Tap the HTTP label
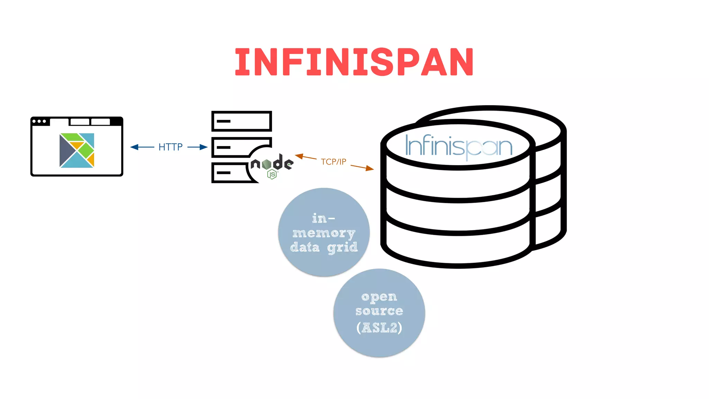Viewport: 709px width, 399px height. tap(170, 147)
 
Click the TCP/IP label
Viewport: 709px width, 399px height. tap(333, 162)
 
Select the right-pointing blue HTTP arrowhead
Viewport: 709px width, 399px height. tap(204, 147)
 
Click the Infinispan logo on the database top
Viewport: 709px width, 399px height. tap(458, 147)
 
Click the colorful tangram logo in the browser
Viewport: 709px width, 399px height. tap(77, 150)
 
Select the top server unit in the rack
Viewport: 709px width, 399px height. tap(242, 121)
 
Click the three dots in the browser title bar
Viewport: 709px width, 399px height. tap(39, 121)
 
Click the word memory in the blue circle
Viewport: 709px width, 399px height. tap(324, 233)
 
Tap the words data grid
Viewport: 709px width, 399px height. tap(324, 247)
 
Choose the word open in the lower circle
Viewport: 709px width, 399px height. tap(379, 297)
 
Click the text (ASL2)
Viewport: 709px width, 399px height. tap(379, 328)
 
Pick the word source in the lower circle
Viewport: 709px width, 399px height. tap(379, 311)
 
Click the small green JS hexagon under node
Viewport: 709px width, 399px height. tap(272, 175)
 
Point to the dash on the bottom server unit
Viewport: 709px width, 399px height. tap(224, 172)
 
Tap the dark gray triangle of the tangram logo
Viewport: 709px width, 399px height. tap(65, 151)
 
